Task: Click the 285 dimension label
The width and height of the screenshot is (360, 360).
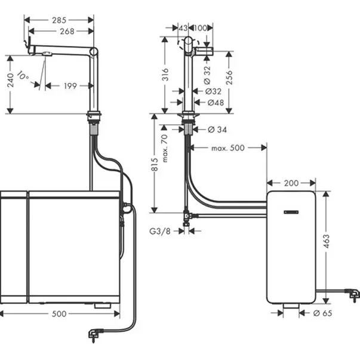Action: click(59, 20)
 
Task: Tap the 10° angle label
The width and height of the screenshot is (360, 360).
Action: click(22, 76)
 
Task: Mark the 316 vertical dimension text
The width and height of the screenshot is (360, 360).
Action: click(166, 73)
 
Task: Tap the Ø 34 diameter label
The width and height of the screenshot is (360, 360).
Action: click(217, 130)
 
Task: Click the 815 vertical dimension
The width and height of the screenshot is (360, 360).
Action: click(155, 167)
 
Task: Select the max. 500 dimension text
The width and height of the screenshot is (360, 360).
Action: click(227, 147)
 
